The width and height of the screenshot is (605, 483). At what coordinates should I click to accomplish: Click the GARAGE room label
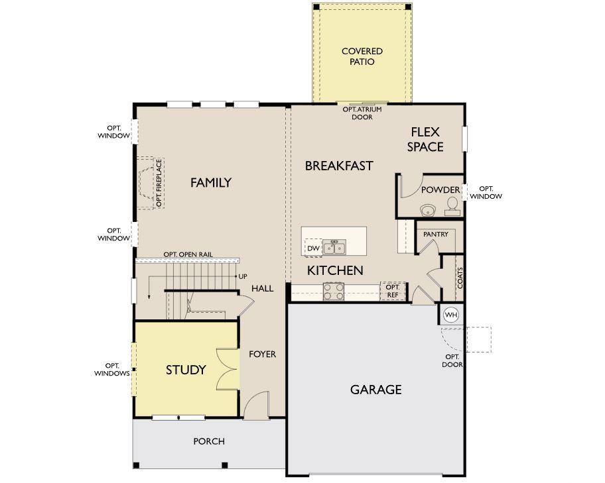tap(376, 390)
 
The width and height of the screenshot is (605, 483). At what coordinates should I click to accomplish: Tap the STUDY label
tap(186, 370)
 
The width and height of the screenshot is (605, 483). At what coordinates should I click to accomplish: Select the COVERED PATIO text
tap(362, 56)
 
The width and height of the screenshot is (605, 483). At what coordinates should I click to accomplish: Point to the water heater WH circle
tap(450, 315)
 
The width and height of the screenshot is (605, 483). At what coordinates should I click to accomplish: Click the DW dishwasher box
tap(313, 248)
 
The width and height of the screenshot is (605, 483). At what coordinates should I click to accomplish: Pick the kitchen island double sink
tap(334, 247)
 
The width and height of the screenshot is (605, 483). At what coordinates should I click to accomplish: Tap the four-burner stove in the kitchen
tap(334, 292)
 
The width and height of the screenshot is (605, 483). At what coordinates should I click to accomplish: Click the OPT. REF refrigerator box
tap(393, 291)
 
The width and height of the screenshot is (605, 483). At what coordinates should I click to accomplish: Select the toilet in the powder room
tap(452, 207)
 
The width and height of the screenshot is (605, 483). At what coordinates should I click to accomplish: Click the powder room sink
tap(429, 210)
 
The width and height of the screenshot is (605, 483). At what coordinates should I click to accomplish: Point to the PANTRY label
tap(436, 234)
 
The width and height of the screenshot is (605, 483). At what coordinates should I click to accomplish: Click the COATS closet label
tap(460, 278)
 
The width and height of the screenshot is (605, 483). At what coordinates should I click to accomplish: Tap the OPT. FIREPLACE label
tap(159, 183)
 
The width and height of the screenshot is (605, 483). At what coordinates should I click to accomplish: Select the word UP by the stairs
tap(243, 276)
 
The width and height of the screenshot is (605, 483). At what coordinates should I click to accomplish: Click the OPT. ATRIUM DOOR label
tap(362, 113)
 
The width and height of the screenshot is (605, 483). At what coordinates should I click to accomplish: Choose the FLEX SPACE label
tap(425, 140)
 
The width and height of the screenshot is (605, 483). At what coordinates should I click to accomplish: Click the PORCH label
tap(209, 441)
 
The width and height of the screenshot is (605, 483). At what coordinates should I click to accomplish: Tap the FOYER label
tap(263, 354)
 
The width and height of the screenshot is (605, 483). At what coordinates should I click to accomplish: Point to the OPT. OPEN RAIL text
tap(188, 254)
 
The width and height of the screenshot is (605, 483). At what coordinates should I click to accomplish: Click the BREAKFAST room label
tap(339, 166)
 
